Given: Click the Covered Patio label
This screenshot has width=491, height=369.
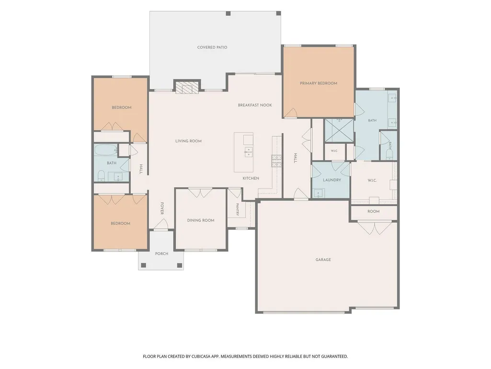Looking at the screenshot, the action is pos(212,48).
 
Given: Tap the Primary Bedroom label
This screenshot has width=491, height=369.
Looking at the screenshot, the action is pos(319,83).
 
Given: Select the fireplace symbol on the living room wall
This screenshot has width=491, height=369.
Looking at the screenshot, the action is pos(187,87).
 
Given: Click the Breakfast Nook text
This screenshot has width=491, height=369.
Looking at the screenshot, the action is pos(255,105).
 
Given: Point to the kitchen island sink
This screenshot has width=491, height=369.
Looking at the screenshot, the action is pos(248,152).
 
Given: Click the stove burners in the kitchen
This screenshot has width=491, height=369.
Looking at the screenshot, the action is pos(276,161).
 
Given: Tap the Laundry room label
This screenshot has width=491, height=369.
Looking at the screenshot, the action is pos(332,180).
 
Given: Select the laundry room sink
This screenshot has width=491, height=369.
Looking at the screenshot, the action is pos(319,193).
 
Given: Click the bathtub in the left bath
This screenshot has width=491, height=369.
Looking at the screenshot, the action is pos(106,150).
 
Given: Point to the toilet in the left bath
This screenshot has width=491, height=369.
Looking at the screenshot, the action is pos(101,176).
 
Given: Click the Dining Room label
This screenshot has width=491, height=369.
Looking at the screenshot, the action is pos(201,220).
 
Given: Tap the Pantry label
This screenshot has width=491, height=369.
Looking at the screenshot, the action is pos(238,210).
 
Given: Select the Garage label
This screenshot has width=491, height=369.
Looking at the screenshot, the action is pos(323,260).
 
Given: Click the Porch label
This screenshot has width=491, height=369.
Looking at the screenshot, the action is pos(161,253).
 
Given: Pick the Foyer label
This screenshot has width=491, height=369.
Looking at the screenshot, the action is pos(162,208).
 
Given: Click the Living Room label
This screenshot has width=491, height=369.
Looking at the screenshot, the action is pos(189,141).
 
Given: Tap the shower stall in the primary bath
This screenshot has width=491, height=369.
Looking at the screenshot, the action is pos(339,131).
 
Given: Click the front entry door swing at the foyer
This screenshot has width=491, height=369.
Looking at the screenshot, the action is pos(161,224).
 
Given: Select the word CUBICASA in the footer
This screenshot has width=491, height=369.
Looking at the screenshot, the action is pos(203,357).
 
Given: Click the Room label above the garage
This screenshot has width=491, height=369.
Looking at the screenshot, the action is pos(373,212).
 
